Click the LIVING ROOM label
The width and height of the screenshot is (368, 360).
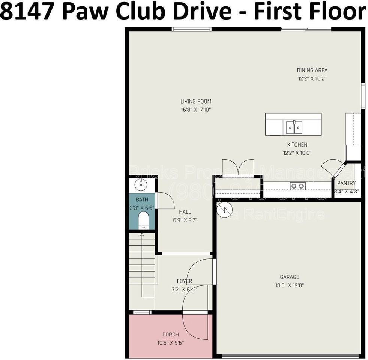coord(196,101)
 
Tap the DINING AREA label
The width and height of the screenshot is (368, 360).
coord(312,70)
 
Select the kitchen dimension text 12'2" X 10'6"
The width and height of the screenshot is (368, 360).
coord(297,153)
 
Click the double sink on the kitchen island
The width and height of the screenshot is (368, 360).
coord(294,127)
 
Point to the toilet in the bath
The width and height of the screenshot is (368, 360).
coord(143,220)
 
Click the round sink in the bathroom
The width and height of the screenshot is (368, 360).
coord(142,184)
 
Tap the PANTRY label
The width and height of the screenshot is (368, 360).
coord(346,183)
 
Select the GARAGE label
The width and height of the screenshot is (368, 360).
coord(289,277)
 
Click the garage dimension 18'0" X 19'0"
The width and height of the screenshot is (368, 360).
coord(289,285)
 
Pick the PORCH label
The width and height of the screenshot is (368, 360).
coord(170,334)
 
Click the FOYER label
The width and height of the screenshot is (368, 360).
coord(184,281)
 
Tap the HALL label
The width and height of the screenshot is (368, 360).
coord(185,212)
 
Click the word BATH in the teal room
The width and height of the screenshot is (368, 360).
coord(142,200)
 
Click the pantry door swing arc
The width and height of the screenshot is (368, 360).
coord(332,167)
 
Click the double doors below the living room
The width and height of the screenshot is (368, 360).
coord(238,167)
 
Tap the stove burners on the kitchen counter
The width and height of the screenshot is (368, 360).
coord(297,186)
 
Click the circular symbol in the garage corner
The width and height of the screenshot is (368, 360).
coord(225,210)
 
